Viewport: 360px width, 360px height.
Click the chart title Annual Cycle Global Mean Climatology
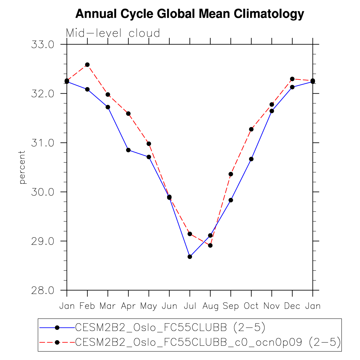tap(189, 13)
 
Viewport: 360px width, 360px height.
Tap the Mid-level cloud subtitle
tap(113, 33)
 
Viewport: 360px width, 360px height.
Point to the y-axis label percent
tap(22, 167)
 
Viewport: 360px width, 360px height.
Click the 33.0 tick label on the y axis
tap(42, 45)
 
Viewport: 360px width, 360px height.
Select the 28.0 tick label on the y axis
tap(42, 291)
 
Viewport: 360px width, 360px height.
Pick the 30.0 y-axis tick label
tap(42, 192)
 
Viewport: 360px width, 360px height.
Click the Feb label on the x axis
tap(87, 306)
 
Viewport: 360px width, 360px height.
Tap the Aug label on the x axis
tap(210, 306)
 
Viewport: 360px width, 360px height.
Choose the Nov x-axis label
tap(272, 306)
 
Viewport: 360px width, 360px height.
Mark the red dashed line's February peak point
tap(87, 65)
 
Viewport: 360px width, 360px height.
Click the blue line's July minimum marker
tap(190, 257)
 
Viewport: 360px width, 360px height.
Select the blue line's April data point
tap(128, 150)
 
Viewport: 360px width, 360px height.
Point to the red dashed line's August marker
tap(210, 245)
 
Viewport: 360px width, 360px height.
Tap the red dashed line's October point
tap(251, 129)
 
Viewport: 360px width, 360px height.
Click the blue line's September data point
tap(231, 200)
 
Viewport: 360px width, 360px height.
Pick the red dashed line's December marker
tap(292, 79)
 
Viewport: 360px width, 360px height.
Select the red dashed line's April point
tap(128, 114)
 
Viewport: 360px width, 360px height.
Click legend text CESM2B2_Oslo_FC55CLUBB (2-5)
tap(170, 327)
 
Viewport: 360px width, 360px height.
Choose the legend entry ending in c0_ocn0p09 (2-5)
tap(208, 342)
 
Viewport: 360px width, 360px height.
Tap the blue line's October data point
tap(251, 159)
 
